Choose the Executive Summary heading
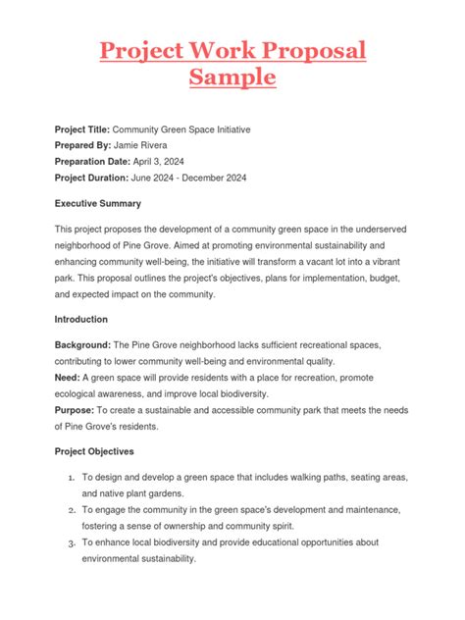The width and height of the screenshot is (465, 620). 98,204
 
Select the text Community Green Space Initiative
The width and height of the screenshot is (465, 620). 196,129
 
